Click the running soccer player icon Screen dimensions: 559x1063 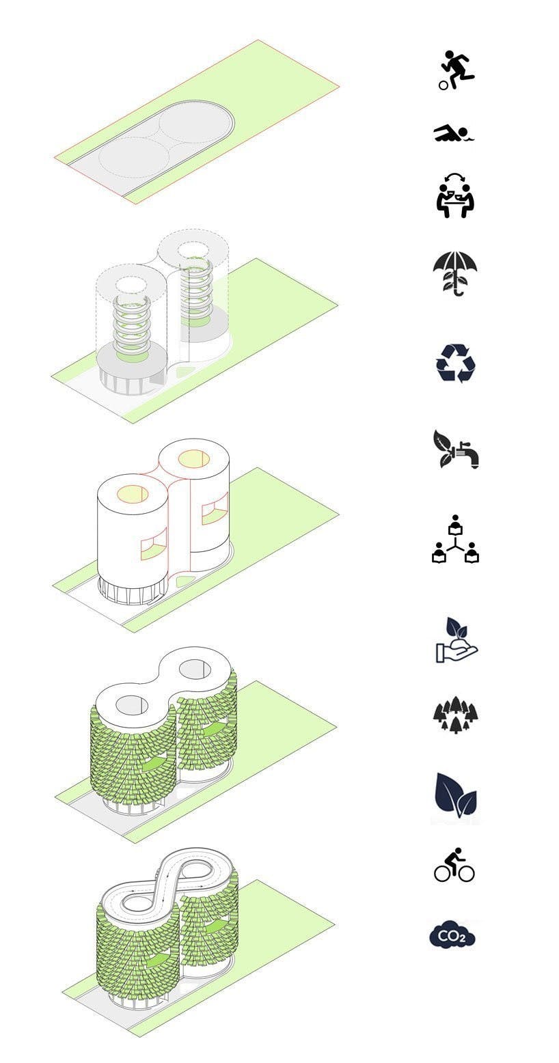[x=456, y=71]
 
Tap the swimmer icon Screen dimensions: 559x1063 [x=454, y=133]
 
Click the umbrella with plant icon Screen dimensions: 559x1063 [x=454, y=273]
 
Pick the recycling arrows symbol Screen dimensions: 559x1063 [x=456, y=363]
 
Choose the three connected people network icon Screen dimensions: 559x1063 [x=456, y=538]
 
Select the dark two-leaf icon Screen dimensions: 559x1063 [x=456, y=796]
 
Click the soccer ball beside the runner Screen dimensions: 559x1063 [x=444, y=85]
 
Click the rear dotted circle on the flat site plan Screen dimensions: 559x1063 [x=192, y=124]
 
